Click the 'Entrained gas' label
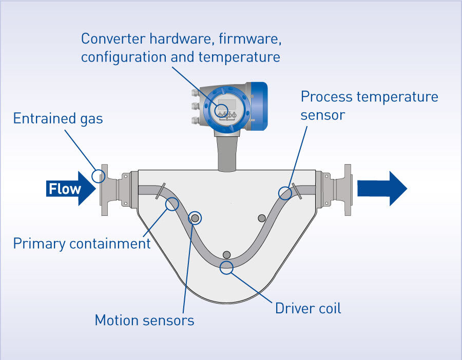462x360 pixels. pyautogui.click(x=58, y=119)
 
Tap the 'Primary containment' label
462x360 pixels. pyautogui.click(x=82, y=243)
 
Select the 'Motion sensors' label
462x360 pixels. pyautogui.click(x=144, y=321)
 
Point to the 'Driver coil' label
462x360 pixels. pyautogui.click(x=308, y=308)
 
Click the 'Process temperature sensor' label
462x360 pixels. pyautogui.click(x=369, y=106)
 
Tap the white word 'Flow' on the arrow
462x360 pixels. pyautogui.click(x=65, y=189)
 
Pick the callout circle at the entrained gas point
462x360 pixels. pyautogui.click(x=99, y=176)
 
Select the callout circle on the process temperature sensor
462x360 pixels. pyautogui.click(x=285, y=193)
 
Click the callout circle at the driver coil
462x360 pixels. pyautogui.click(x=226, y=267)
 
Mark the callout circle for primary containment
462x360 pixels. pyautogui.click(x=171, y=204)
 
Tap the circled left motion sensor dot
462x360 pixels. pyautogui.click(x=195, y=218)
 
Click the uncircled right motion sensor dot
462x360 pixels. pyautogui.click(x=261, y=218)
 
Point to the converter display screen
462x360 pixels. pyautogui.click(x=226, y=104)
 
